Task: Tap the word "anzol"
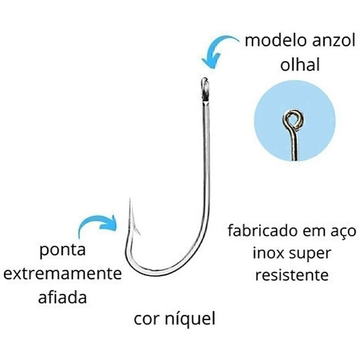click(x=334, y=40)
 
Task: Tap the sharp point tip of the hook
click(x=130, y=199)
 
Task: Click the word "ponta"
click(x=63, y=250)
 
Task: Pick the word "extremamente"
click(x=63, y=274)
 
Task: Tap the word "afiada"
click(x=63, y=297)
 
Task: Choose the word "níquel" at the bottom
click(x=190, y=318)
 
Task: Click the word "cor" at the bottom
click(x=147, y=319)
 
